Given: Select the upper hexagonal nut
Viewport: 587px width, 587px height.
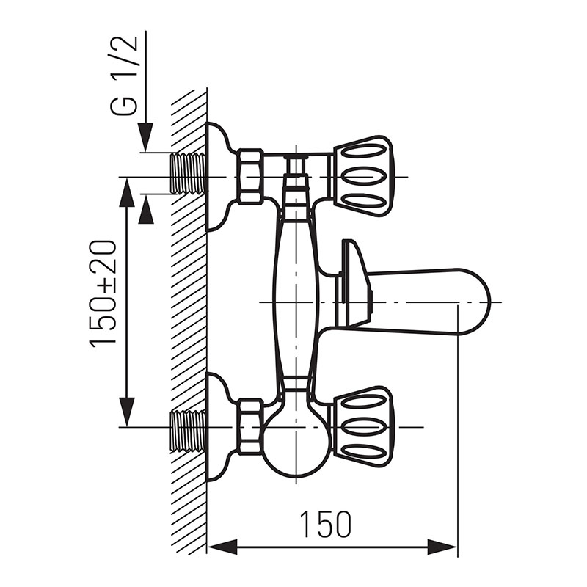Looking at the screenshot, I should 249,176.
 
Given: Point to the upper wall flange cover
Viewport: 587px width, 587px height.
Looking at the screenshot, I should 219,176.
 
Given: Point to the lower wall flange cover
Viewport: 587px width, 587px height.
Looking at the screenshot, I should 219,427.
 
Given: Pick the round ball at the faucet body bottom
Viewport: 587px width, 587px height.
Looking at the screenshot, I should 293,440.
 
